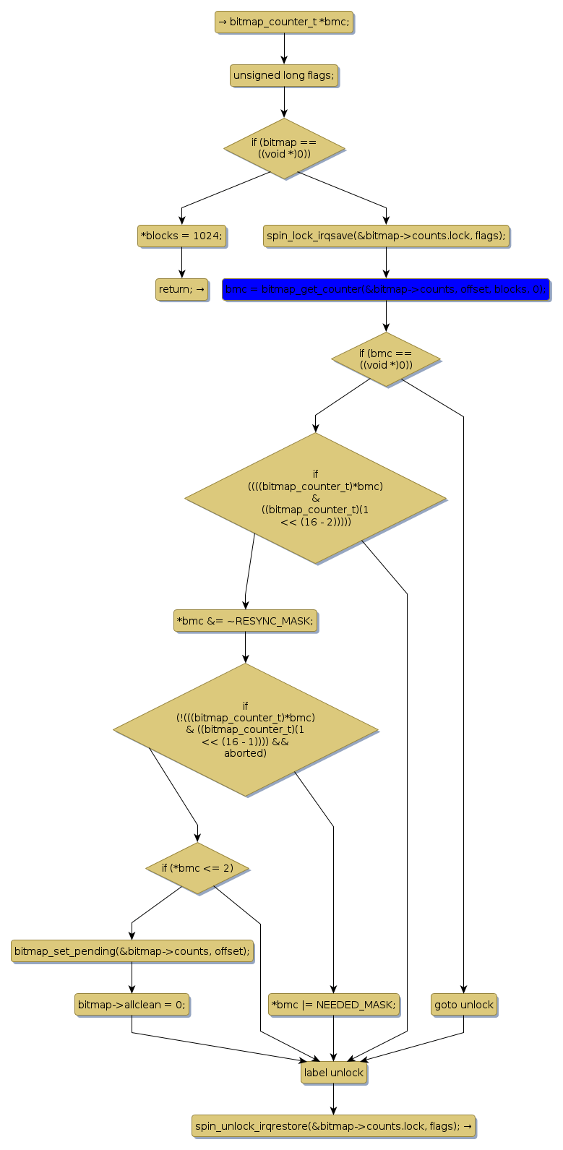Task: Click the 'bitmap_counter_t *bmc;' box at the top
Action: tap(284, 22)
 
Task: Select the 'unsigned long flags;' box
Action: tap(284, 75)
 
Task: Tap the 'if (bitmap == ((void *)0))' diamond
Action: tap(284, 148)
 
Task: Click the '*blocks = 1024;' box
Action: tap(181, 236)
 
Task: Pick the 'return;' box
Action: tap(181, 289)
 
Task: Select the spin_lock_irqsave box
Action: tap(386, 236)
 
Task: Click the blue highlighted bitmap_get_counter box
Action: tap(386, 289)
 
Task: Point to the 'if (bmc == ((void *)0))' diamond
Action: tap(386, 359)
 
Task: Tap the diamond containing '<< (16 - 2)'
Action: tap(315, 498)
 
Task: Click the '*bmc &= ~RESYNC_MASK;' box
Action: tap(245, 621)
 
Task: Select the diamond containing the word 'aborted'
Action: tap(245, 729)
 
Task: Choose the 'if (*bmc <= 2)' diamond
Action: tap(197, 867)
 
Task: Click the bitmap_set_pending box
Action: tap(132, 951)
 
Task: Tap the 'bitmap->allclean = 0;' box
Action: tap(132, 1005)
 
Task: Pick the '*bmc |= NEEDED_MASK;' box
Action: tap(333, 1005)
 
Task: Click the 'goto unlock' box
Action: tap(464, 1005)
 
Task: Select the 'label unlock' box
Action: tap(333, 1073)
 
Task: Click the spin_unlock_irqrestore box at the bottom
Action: tap(333, 1125)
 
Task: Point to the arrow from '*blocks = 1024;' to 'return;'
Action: tap(181, 262)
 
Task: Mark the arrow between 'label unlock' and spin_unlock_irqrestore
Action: tap(333, 1099)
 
